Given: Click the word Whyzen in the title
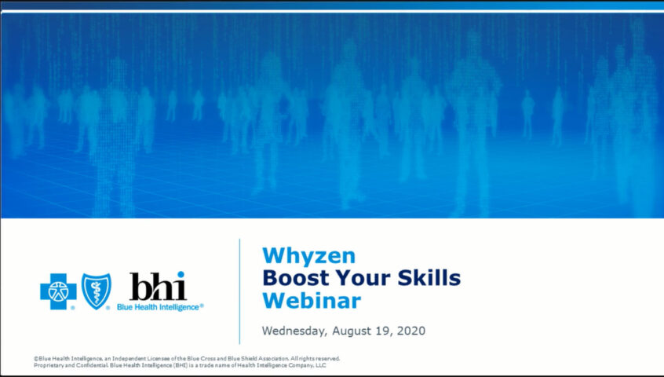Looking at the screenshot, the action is (x=308, y=257).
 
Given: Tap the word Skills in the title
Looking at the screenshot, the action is (x=429, y=278).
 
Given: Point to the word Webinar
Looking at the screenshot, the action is (x=312, y=300).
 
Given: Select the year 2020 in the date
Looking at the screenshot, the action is (x=410, y=331).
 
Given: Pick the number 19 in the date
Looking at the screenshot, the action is (x=382, y=331).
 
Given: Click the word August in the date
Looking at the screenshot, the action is (x=352, y=331).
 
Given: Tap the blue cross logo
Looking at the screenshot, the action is (x=58, y=291).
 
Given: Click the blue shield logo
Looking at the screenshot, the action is (x=96, y=291).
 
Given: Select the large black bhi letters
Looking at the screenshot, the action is (x=158, y=287).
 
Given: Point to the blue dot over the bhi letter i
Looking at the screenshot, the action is (x=181, y=274).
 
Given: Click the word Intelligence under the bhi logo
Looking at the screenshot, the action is (x=180, y=307).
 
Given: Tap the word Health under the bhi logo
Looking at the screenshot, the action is (x=146, y=306).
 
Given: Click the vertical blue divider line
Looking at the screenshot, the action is (x=239, y=291).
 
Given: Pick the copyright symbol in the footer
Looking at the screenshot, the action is (x=36, y=359).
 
